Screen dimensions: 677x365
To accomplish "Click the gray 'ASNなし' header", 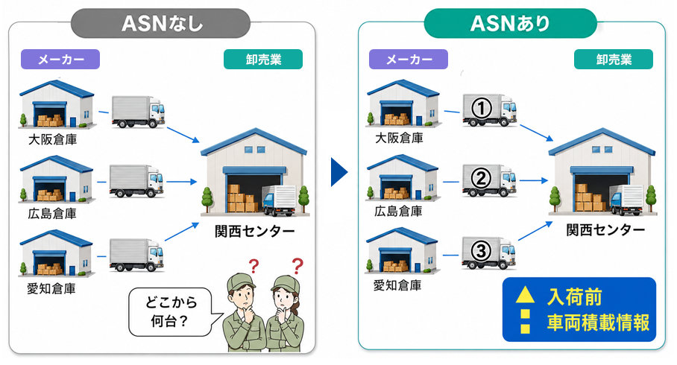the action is point(160,23).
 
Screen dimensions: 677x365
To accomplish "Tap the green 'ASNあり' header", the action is point(510,23).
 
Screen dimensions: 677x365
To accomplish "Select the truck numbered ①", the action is point(490,110).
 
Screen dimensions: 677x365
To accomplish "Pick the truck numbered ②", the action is point(489,180).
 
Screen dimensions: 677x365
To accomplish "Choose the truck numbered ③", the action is point(489,253).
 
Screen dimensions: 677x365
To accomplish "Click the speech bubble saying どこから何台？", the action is point(171,312).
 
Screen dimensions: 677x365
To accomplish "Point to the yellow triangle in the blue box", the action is point(525,295).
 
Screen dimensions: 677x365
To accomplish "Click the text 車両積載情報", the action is point(598,323).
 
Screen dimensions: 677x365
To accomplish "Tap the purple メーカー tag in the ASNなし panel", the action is point(60,59).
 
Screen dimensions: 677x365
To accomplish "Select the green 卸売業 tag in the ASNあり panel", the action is point(614,59).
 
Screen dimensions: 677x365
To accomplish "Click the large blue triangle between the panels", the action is point(339,172).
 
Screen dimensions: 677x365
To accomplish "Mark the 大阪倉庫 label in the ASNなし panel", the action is point(52,139).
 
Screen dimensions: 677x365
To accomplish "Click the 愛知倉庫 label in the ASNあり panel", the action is point(397,285).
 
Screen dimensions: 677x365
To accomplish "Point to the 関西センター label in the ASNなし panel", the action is point(255,231).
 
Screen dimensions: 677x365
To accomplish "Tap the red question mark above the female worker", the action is point(297,266).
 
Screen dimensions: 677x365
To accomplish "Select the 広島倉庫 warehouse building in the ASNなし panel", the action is point(57,180).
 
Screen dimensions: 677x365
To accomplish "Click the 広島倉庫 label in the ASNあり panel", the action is point(398,211).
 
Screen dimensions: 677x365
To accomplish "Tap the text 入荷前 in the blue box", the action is point(574,296).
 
